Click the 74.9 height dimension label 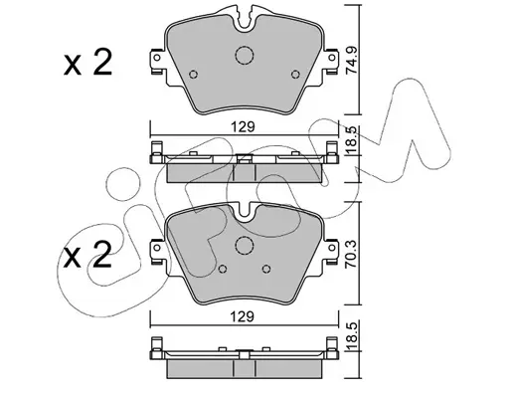coord(352,61)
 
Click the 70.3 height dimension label coord(352,253)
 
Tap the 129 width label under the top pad coord(243,127)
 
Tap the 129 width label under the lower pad coord(243,317)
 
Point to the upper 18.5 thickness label coord(352,141)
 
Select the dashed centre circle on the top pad coord(245,55)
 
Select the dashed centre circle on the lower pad coord(245,246)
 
